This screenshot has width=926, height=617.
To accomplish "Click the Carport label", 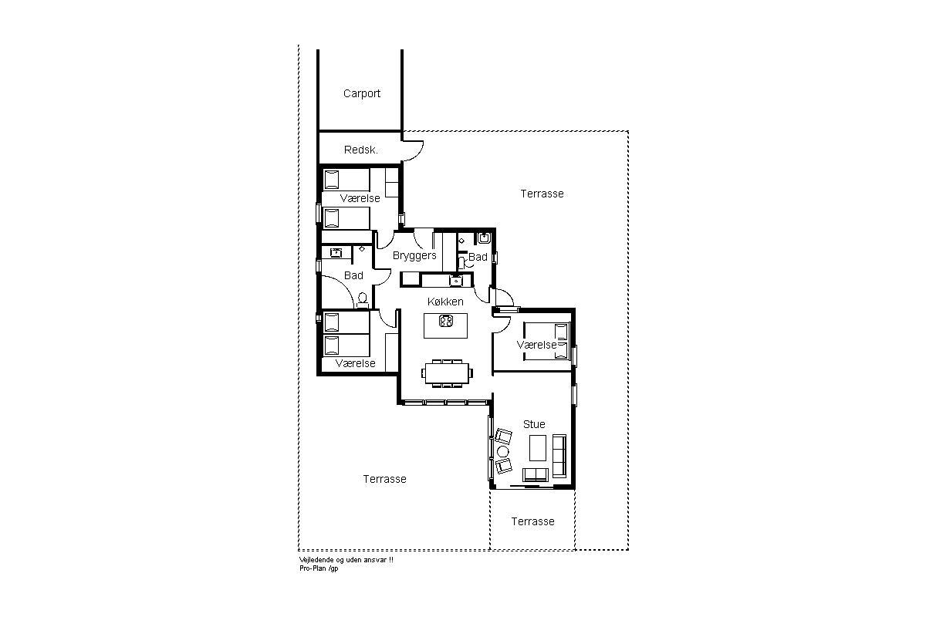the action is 362,94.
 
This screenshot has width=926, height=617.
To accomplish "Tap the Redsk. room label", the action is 361,150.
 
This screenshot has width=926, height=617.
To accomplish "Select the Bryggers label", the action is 414,256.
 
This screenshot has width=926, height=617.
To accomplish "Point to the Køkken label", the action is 445,302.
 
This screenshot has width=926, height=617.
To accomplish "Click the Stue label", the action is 534,424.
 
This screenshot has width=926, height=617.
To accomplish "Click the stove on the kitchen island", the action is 446,321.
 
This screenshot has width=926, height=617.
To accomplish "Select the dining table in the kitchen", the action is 448,373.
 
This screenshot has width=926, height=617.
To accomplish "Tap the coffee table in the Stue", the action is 538,447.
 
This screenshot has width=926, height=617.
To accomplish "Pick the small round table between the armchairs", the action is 502,451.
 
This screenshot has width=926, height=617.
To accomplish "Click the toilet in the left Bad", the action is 363,299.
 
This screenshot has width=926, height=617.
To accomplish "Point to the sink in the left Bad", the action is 336,252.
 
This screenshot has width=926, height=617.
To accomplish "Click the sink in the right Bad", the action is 484,238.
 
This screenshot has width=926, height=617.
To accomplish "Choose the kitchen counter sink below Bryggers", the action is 455,281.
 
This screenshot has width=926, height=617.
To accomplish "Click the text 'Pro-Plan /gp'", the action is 319,568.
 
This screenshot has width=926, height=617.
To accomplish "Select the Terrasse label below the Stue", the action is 533,521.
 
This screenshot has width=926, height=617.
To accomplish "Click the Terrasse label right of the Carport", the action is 542,194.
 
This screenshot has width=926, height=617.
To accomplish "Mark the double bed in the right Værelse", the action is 546,342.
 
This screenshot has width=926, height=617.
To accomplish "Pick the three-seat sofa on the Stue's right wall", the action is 559,456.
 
